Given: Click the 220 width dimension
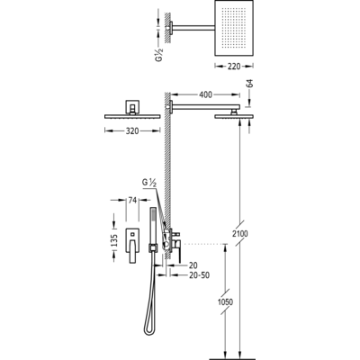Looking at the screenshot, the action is click(234, 66).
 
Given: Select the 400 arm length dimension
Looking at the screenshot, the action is click(205, 94).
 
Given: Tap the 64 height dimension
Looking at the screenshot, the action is click(250, 83).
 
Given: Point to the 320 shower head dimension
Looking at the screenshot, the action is click(132, 130).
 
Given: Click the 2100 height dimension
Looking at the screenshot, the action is click(240, 233).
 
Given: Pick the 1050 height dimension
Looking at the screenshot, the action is click(225, 301).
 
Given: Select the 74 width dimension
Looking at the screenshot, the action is click(132, 200).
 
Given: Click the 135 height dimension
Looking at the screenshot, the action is click(114, 240).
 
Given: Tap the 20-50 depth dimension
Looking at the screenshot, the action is click(200, 275).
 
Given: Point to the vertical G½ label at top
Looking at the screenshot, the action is click(158, 54).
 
